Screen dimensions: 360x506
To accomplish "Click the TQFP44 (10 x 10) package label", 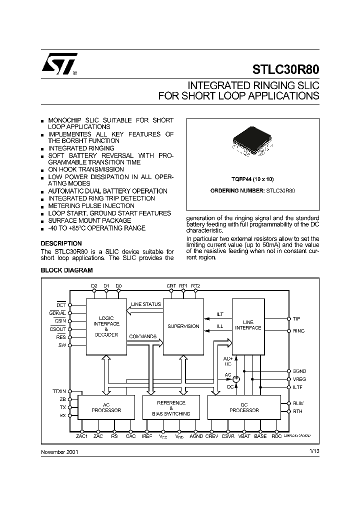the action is [252, 178].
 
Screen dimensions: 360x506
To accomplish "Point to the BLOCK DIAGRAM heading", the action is [66, 270].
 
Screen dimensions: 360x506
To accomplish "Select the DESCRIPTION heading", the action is [61, 243].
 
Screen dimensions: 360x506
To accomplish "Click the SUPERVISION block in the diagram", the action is [183, 326].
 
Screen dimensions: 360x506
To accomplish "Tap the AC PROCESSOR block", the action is [106, 407].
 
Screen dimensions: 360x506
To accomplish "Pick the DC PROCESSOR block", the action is [244, 407].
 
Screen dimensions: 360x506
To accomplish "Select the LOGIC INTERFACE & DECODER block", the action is [106, 326].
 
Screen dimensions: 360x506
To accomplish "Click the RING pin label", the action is [298, 331].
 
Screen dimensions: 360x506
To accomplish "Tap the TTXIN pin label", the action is [59, 391].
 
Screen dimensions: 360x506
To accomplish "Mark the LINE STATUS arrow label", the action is [146, 304].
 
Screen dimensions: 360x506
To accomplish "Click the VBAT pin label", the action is [244, 436].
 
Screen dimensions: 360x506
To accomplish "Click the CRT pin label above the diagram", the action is [171, 286].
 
